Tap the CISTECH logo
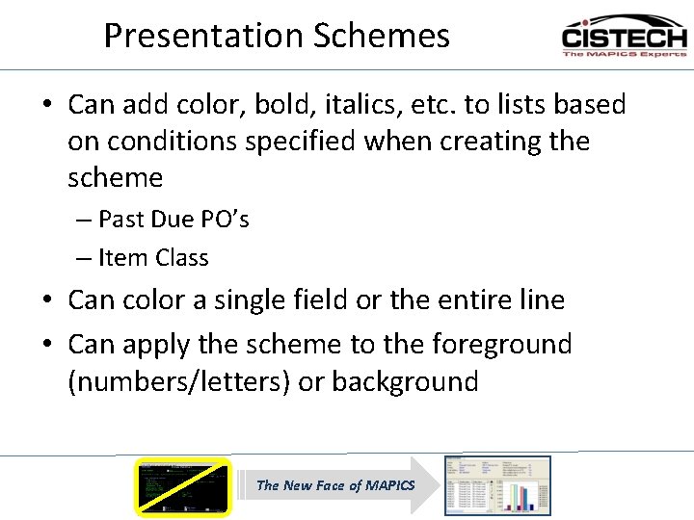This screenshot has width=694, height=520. [624, 37]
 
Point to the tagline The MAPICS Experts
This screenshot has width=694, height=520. [624, 54]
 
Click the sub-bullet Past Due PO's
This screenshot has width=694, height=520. [173, 220]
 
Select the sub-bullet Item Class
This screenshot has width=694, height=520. [153, 258]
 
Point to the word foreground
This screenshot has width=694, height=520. [501, 344]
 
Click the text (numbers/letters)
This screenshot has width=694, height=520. [179, 381]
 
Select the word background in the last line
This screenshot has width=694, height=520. [405, 381]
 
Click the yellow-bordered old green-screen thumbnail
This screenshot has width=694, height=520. [183, 486]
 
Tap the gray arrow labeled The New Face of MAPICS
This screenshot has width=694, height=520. [337, 485]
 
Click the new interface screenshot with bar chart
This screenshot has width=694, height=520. [497, 485]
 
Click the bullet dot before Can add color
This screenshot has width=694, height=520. [47, 105]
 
